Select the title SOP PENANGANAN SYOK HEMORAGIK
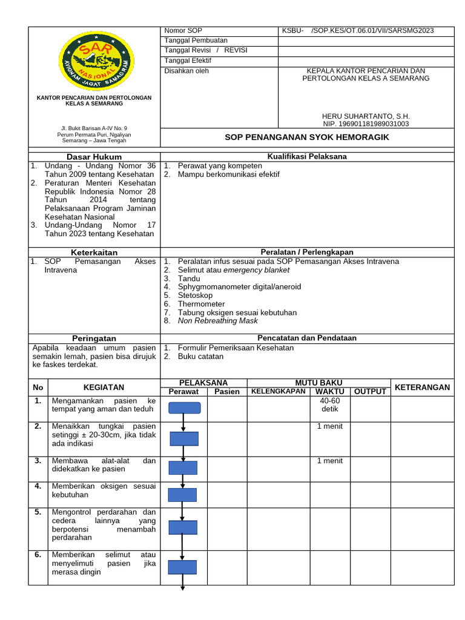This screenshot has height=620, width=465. tap(307, 137)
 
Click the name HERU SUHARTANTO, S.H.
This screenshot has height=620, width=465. tap(365, 116)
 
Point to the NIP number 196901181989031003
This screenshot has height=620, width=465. tap(365, 124)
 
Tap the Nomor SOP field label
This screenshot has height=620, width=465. tap(183, 31)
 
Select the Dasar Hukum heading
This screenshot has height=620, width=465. tap(94, 157)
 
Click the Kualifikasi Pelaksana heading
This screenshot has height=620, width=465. tap(307, 157)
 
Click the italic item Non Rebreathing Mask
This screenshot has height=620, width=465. tap(217, 321)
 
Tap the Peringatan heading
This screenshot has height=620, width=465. tap(94, 338)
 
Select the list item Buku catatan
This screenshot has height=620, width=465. tap(200, 357)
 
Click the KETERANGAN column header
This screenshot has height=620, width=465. tap(422, 387)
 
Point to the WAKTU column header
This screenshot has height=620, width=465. tap(330, 392)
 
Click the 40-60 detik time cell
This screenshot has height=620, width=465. tap(330, 405)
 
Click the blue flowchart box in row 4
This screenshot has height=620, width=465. tap(182, 495)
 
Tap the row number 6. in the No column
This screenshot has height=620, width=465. tap(38, 555)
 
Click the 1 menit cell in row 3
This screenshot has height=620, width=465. tap(330, 461)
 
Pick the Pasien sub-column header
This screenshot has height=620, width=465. tap(227, 392)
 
